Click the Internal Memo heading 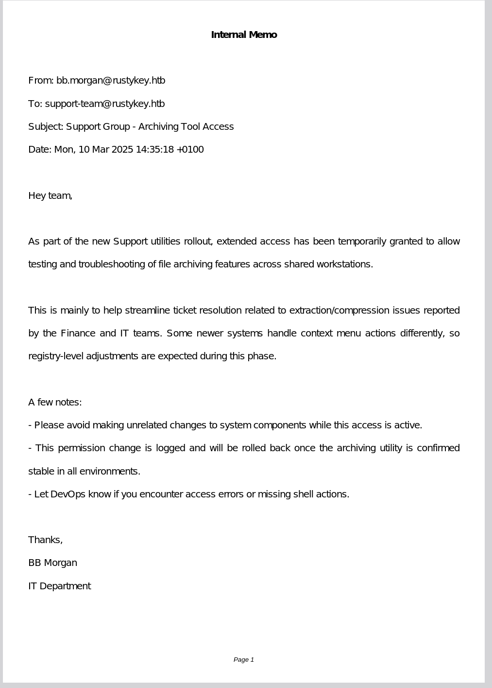click(244, 35)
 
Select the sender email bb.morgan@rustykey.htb click(111, 81)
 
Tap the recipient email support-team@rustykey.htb click(105, 104)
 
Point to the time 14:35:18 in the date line click(154, 150)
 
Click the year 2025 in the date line click(122, 150)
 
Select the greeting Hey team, click(51, 196)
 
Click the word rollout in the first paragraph click(198, 242)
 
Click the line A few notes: click(55, 403)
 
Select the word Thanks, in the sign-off click(46, 540)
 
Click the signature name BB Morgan click(52, 563)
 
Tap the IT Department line click(60, 586)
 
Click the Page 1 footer click(244, 660)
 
